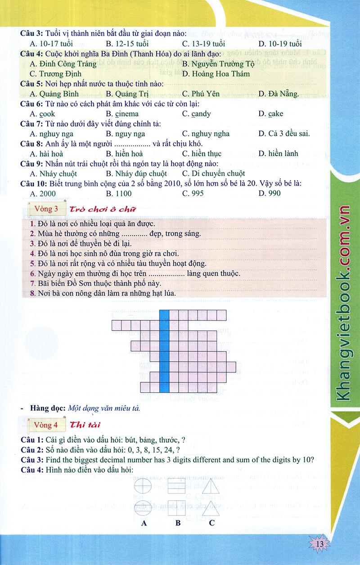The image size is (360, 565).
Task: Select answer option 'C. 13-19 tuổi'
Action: coord(203,44)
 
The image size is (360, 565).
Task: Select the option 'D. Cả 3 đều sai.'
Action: coord(284,133)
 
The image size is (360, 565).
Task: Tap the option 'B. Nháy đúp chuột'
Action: coord(136,173)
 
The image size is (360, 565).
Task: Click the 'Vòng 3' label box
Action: coord(43,209)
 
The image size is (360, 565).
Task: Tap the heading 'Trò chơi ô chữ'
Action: coord(101,209)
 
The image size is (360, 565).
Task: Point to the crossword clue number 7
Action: coord(32,283)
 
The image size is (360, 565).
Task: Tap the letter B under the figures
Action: coord(178,523)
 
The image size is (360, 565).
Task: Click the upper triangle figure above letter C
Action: coord(211,486)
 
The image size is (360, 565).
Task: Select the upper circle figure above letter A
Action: coord(144,486)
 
